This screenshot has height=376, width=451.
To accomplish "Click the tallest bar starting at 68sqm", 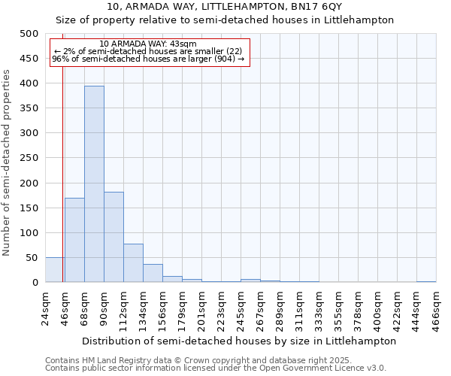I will pyautogui.click(x=94, y=184).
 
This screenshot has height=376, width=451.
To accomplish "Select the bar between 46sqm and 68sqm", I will pyautogui.click(x=74, y=240).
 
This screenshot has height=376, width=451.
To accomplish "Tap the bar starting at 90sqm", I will pyautogui.click(x=114, y=237).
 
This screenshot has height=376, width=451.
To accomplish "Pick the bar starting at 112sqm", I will pyautogui.click(x=133, y=263).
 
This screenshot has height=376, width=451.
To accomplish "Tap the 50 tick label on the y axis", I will pyautogui.click(x=32, y=258).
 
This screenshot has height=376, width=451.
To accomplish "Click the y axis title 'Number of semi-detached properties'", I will pyautogui.click(x=8, y=162).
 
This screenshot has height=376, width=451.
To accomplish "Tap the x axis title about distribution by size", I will pyautogui.click(x=239, y=341).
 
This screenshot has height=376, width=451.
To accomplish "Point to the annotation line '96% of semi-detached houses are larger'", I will pyautogui.click(x=148, y=59).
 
